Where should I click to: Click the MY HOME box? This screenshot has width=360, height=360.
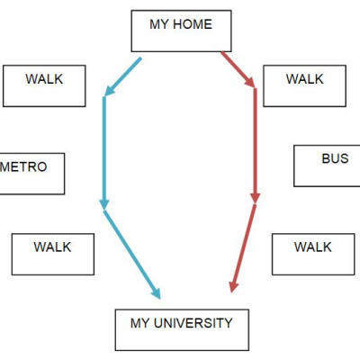[181, 31]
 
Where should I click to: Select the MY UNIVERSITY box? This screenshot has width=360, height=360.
[182, 329]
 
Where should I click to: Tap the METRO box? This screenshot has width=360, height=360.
[32, 174]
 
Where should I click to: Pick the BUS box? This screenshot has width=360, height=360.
[327, 166]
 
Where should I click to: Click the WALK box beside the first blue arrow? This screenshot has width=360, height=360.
[44, 85]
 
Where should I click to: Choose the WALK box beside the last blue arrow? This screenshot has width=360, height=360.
[53, 254]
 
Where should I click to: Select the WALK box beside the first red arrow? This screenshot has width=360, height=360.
[305, 85]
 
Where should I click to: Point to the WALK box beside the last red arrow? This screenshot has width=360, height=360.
[313, 254]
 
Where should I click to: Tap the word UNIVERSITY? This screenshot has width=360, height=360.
[193, 323]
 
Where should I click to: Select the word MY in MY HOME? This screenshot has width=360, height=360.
[159, 24]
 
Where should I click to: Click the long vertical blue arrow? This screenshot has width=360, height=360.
[104, 153]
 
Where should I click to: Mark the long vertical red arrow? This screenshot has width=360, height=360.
[256, 146]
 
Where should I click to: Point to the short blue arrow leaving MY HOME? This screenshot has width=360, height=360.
[122, 76]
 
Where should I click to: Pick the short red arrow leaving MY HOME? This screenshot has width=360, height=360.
[238, 69]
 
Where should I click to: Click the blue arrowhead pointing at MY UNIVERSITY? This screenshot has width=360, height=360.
[156, 293]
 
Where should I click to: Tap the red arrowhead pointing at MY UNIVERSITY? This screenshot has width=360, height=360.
[233, 287]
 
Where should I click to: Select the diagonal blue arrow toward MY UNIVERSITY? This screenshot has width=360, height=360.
[132, 255]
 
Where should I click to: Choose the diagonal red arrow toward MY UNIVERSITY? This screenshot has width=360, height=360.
[243, 248]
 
